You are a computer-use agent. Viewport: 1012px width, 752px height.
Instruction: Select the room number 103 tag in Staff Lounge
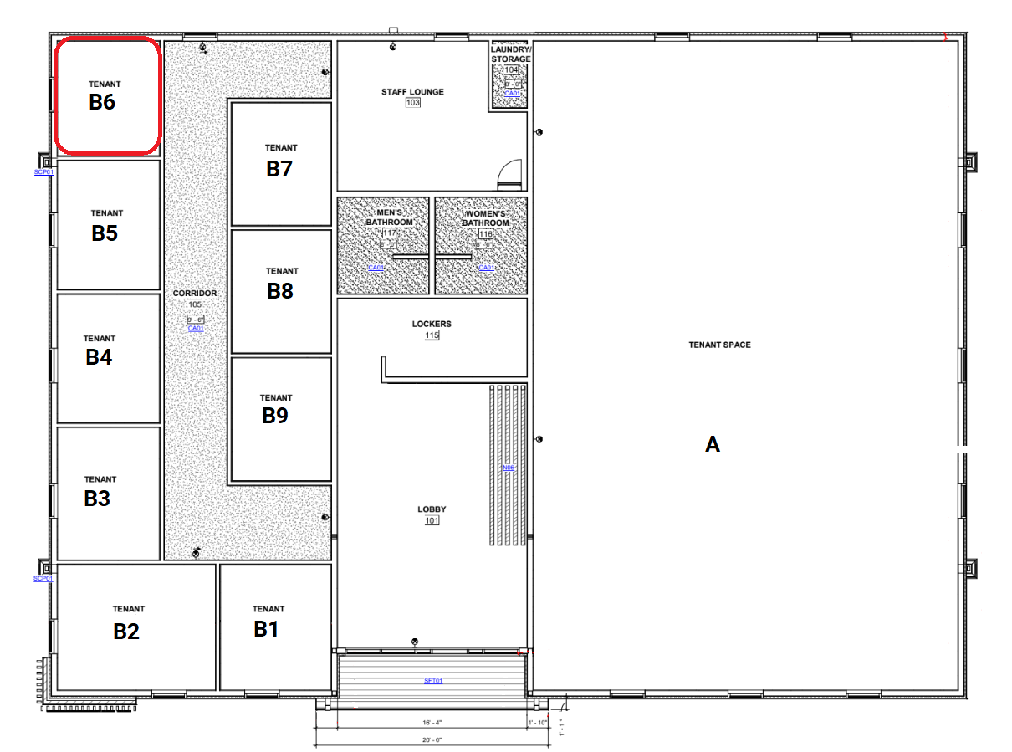[412, 103]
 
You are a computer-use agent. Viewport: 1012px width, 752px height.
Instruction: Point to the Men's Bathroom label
[389, 217]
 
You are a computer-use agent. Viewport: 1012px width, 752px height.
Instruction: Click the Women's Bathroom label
[486, 217]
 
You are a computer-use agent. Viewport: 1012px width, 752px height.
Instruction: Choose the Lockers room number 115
[432, 335]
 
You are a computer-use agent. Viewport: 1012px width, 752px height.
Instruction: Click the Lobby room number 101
[432, 521]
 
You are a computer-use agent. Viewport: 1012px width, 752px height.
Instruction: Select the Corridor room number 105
[195, 305]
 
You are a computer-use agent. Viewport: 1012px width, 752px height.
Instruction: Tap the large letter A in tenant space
[713, 444]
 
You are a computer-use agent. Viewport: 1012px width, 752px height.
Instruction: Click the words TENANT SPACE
[719, 345]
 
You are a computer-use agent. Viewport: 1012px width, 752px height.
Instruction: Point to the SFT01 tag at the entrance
[432, 681]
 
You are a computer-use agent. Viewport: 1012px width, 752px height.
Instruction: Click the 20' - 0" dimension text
[432, 740]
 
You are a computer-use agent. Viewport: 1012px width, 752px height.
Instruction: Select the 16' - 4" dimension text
[432, 722]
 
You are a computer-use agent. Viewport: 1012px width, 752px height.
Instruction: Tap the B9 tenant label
[275, 416]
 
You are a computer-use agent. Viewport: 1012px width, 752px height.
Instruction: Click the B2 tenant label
[126, 632]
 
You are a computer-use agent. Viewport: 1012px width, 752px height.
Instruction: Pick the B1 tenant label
[266, 630]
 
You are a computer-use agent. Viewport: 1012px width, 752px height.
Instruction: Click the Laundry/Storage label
[510, 54]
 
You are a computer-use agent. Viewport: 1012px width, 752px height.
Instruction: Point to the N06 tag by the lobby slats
[508, 468]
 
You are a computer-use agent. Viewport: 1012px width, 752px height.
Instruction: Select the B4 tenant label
[99, 357]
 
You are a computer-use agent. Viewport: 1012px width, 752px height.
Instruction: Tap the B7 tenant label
[279, 169]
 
